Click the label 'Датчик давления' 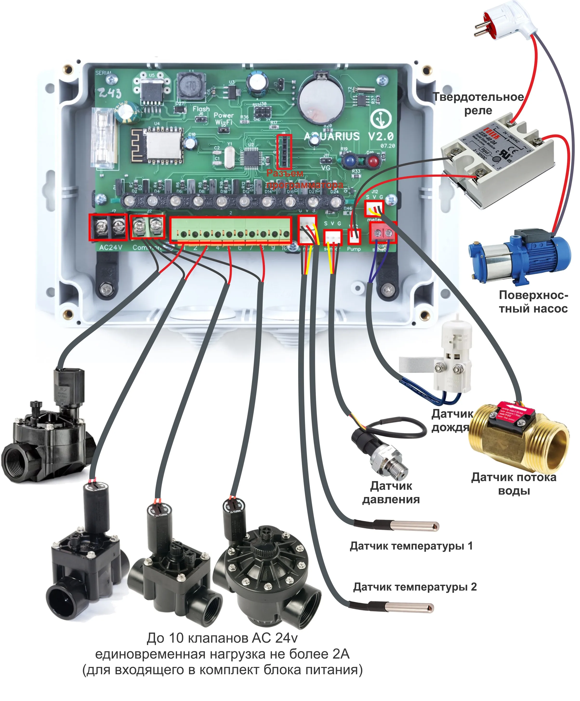[x=391, y=493]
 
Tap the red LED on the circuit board [x=373, y=162]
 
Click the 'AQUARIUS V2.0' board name [x=348, y=136]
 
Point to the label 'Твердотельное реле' [x=478, y=103]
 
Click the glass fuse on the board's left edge [x=104, y=138]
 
